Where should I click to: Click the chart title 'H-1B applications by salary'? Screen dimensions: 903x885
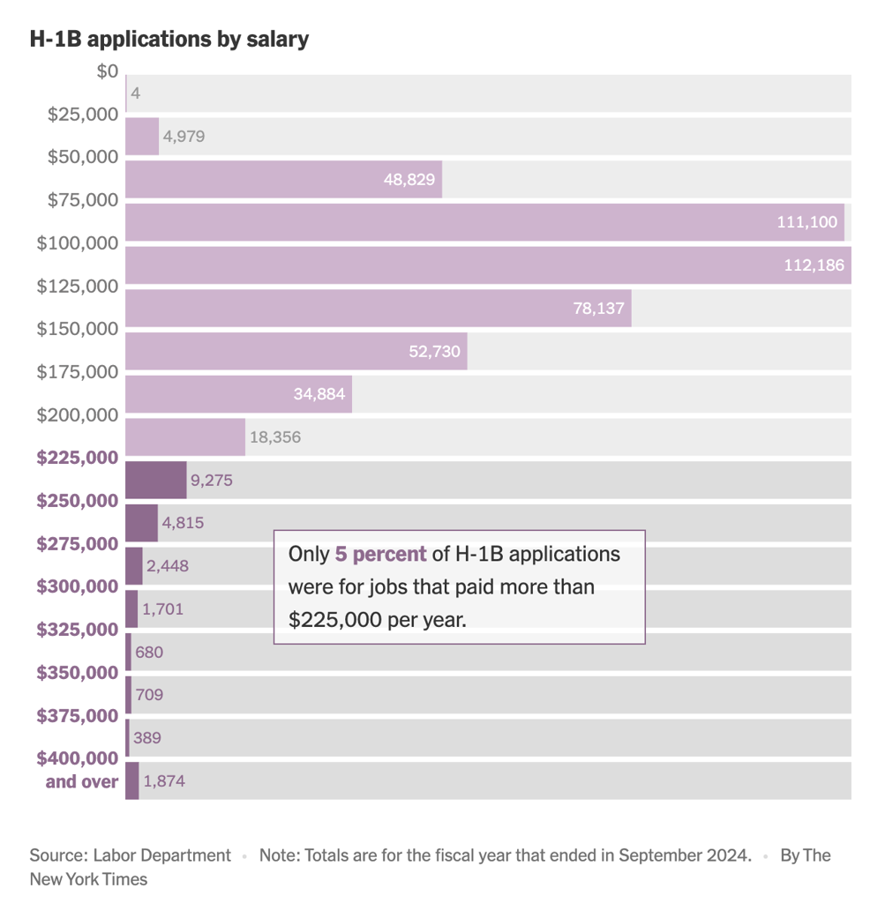point(169,39)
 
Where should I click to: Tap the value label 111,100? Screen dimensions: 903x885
point(806,222)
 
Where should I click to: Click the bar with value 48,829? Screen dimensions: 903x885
point(283,179)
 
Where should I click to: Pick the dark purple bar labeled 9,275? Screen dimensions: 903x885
point(156,480)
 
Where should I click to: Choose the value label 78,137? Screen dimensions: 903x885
point(598,309)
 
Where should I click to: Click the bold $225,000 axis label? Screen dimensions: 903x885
point(78,458)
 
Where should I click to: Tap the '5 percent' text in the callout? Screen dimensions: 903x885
point(380,555)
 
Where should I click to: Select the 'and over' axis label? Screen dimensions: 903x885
point(81,781)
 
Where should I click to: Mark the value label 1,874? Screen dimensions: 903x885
point(164,781)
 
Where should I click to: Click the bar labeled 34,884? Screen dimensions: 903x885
point(238,394)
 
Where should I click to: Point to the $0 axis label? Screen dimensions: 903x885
point(107,71)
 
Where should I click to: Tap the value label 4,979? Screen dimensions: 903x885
point(184,137)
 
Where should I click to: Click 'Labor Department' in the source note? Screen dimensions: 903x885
point(161,855)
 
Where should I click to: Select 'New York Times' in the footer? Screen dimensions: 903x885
point(88,879)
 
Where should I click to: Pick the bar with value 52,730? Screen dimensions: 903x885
point(296,351)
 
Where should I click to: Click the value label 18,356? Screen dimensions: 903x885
point(274,437)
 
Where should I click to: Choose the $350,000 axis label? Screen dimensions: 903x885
point(78,673)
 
